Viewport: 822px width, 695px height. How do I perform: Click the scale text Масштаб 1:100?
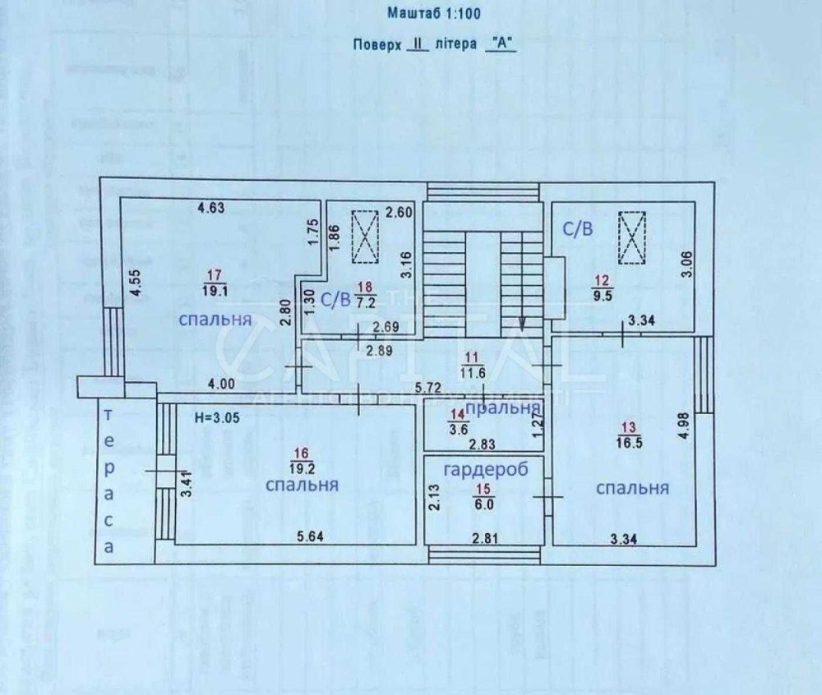coord(434,13)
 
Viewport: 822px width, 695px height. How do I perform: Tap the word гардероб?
coord(484,469)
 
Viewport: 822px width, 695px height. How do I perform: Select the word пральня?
coord(502,408)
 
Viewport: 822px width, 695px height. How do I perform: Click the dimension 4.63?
coord(210,209)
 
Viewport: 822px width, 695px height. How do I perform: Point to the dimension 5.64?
coord(311,537)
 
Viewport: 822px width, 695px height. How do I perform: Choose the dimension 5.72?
coord(430,387)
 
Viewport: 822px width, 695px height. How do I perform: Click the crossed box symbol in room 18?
coord(365,237)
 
